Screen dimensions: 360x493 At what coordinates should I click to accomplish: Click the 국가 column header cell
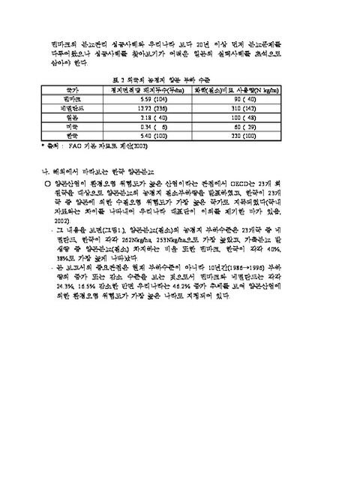pos(73,89)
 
